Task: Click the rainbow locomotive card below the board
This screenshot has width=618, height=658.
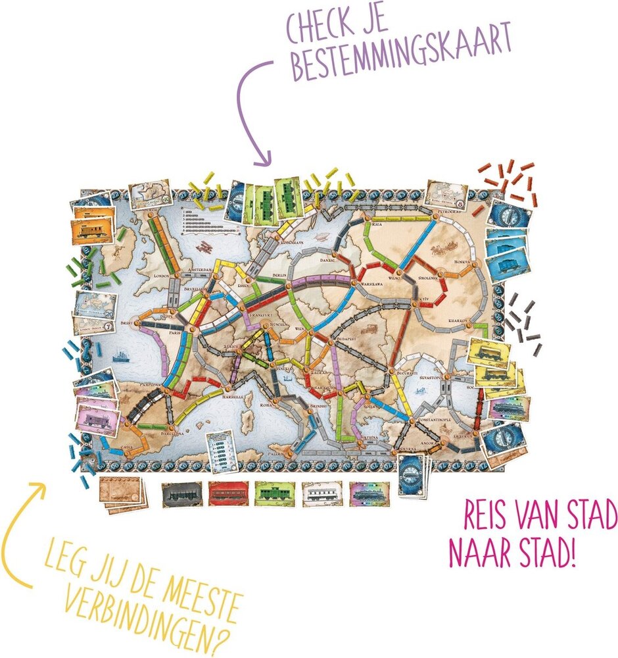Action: [368, 493]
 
